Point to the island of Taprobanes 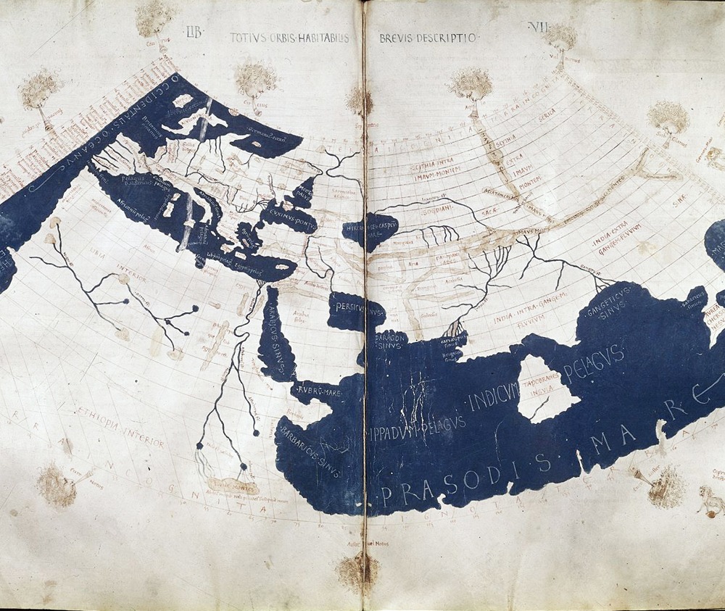(546, 387)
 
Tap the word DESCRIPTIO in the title (447, 37)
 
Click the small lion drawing (708, 499)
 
